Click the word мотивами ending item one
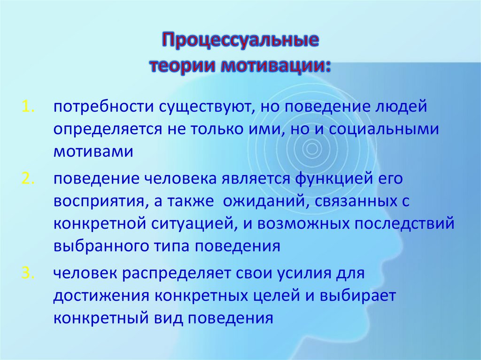click(x=93, y=152)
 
